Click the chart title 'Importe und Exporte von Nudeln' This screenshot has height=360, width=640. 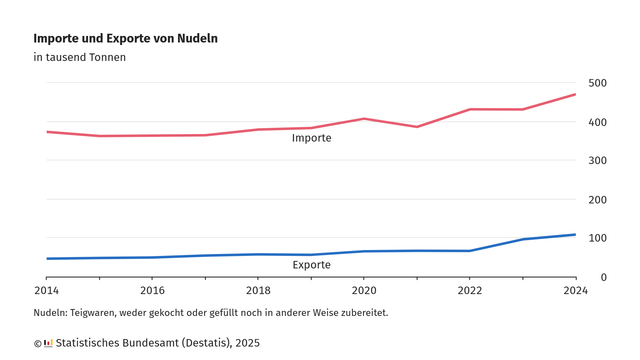point(125,38)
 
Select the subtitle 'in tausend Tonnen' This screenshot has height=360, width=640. point(79,57)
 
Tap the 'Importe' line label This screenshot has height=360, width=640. point(311,138)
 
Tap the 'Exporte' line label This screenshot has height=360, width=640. point(311,265)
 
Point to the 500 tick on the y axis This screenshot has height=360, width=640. point(597,83)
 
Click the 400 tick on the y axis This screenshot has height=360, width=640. point(597,122)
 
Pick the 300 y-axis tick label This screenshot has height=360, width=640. point(597,161)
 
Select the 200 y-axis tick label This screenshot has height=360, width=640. point(597,200)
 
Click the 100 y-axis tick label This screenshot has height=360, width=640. point(597,238)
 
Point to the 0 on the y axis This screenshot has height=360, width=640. point(603,277)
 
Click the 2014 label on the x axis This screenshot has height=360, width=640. point(47,291)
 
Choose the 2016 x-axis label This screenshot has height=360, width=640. point(152,291)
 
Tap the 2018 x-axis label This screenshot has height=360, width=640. point(258,291)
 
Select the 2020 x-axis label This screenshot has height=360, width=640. point(364,291)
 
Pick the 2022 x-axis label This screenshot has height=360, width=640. point(470,291)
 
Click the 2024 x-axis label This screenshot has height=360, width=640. point(575,291)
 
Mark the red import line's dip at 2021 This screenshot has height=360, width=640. point(417,127)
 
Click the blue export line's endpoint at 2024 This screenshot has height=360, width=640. point(575,235)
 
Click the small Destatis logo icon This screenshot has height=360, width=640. point(48,343)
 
